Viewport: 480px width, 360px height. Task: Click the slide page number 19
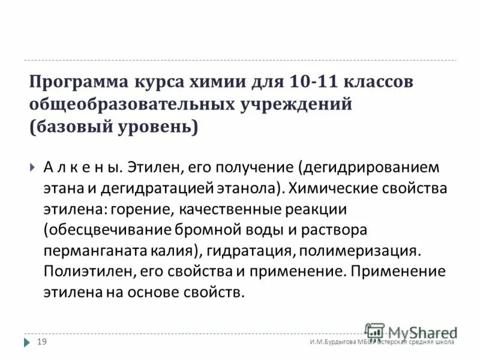pos(43,342)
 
